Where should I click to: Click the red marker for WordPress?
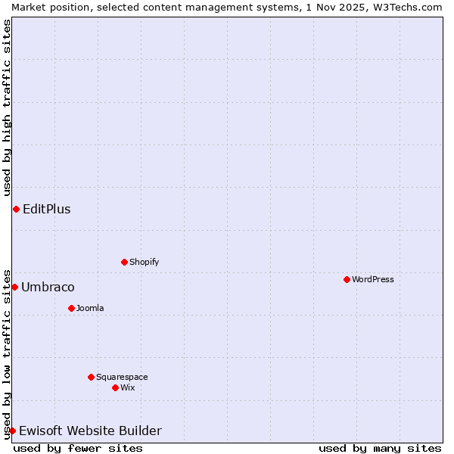click(347, 279)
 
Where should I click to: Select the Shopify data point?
click(124, 262)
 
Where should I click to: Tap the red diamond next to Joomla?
click(71, 308)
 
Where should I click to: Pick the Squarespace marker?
click(91, 377)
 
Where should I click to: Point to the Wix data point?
click(115, 387)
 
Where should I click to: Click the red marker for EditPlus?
click(16, 209)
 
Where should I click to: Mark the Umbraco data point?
click(14, 287)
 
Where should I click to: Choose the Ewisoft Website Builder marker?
click(12, 431)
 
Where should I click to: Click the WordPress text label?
click(373, 279)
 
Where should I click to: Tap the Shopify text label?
click(144, 262)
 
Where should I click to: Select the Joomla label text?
click(90, 308)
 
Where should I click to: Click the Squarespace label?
click(122, 377)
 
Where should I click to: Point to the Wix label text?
click(127, 387)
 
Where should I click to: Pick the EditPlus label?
click(47, 209)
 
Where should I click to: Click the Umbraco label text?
click(48, 287)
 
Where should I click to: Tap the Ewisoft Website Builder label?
click(90, 431)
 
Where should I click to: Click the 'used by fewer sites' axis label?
click(78, 448)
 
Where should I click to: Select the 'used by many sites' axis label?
click(380, 448)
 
